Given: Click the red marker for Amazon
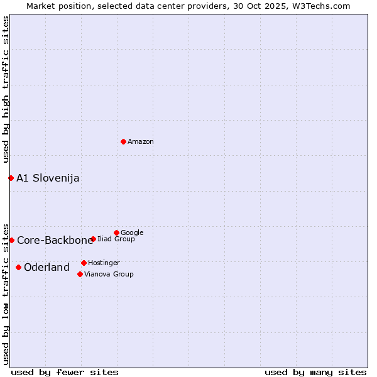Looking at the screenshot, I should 123,141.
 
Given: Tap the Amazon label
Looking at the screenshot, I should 141,142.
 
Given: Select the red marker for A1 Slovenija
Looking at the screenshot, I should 11,178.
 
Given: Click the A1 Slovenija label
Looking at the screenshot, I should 48,178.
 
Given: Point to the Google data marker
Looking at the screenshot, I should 116,232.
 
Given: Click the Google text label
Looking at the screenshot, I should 132,233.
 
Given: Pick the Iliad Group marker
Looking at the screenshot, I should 93,239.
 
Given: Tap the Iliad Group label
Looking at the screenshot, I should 116,239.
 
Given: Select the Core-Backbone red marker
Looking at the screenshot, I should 11,240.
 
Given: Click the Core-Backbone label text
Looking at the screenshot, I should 55,241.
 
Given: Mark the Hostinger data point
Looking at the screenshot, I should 84,263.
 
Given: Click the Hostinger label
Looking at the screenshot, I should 104,263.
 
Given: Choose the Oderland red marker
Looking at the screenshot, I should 18,267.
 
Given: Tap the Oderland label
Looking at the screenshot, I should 46,268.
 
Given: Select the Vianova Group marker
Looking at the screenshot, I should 80,274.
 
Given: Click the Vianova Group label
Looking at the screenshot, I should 109,275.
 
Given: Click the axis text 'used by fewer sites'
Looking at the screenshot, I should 65,372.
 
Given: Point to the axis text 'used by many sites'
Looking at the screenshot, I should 315,372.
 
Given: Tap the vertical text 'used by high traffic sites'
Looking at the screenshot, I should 6,89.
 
